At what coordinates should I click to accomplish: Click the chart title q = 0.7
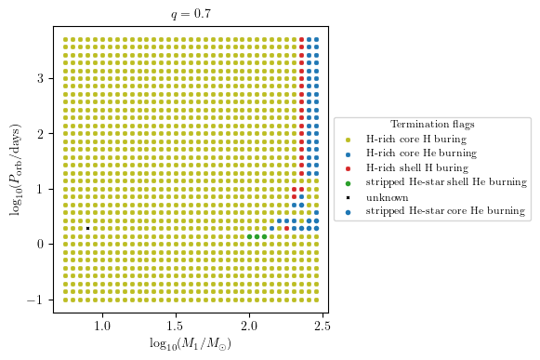point(191,13)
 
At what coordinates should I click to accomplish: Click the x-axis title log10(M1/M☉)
point(191,344)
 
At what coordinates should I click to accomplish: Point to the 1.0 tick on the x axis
point(102,326)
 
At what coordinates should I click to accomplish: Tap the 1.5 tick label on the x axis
point(176,326)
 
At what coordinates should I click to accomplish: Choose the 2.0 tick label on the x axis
point(249,326)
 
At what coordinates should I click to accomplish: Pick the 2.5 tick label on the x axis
point(322,326)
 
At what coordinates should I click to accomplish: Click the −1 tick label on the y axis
point(37,300)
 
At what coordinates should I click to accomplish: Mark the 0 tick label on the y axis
point(41,244)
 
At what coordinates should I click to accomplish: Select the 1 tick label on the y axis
point(41,189)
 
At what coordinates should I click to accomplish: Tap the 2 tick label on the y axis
point(41,134)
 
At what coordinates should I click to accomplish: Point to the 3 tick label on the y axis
point(41,79)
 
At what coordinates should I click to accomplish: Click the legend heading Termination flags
point(433,124)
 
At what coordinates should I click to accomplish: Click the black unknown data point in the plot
point(87,228)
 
